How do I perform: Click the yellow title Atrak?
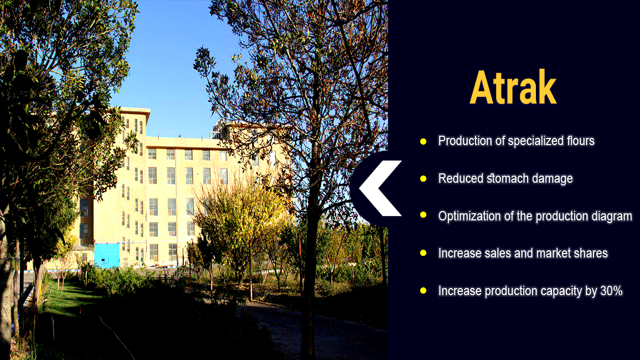[x=513, y=88]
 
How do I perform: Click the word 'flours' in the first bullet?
[x=580, y=141]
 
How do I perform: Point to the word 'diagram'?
[x=612, y=217]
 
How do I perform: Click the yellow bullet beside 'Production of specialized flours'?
[x=424, y=141]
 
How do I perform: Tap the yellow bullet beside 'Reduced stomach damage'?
[x=424, y=179]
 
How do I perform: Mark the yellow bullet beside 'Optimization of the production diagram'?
[x=424, y=215]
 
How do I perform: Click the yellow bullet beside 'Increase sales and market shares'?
[x=424, y=253]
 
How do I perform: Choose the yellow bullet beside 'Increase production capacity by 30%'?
[x=424, y=291]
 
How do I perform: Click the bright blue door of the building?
[x=106, y=255]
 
